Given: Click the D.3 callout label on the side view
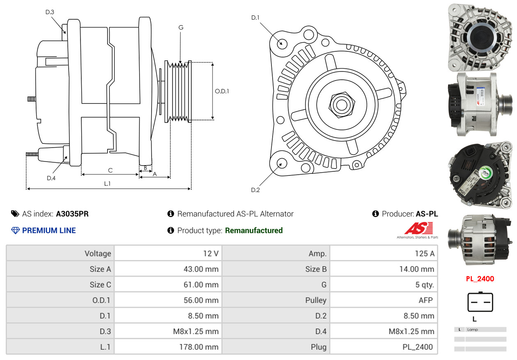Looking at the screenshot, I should pos(50,12).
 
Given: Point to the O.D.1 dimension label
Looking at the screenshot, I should pos(222,91).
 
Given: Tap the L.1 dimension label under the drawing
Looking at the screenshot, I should pos(107,184).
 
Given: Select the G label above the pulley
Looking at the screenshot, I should pos(181,28).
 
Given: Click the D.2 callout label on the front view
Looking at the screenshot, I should pos(255,190).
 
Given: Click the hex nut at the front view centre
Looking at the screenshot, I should pos(341,104).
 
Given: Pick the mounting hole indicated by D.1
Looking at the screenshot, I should pos(282,43).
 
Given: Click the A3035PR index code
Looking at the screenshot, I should pos(72,214).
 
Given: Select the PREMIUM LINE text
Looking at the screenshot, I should pos(49,231).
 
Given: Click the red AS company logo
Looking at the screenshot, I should pos(418,228).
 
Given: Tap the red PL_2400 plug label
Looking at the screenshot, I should pos(480,279).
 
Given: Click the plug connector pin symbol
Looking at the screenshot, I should pos(480,302).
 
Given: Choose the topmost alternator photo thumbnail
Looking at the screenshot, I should pos(480,36).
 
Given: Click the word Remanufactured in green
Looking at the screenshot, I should pos(254,231).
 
